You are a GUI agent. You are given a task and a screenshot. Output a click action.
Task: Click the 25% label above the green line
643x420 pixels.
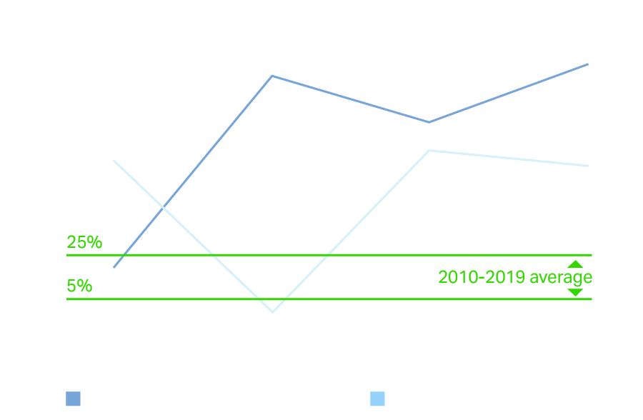pos(84,242)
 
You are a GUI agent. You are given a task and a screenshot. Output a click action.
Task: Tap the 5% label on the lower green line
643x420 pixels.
pos(79,286)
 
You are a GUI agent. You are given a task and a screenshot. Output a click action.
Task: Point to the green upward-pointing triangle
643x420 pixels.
pos(575,264)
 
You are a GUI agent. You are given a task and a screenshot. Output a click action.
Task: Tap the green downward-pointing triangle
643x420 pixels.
pos(575,292)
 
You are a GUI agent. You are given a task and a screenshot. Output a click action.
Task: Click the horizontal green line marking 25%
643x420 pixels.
pos(329,254)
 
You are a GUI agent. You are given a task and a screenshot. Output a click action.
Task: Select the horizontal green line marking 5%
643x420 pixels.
pos(329,299)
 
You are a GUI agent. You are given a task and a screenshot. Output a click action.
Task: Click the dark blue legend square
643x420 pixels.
pos(73,399)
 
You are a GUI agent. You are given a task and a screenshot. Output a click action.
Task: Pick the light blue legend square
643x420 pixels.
pos(377,399)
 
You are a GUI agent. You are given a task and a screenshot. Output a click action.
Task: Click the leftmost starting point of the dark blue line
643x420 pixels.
pos(114,267)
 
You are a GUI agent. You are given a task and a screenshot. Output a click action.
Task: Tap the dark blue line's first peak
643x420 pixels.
pos(272,76)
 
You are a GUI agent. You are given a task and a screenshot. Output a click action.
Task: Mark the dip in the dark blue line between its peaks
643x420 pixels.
pos(429,122)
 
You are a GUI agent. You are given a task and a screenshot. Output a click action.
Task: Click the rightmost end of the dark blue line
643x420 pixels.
pos(588,64)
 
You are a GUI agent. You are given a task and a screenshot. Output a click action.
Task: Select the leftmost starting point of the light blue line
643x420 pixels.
pos(114,161)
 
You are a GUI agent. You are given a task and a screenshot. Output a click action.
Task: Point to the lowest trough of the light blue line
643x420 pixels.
pos(273,311)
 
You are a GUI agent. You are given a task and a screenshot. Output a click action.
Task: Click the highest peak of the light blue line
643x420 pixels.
pos(429,151)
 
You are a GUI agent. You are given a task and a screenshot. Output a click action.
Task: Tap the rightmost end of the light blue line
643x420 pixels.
pos(588,166)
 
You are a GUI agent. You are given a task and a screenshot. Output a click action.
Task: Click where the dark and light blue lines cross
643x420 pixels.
pos(164,208)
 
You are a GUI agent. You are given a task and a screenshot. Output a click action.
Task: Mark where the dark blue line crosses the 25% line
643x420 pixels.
pos(124,254)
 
